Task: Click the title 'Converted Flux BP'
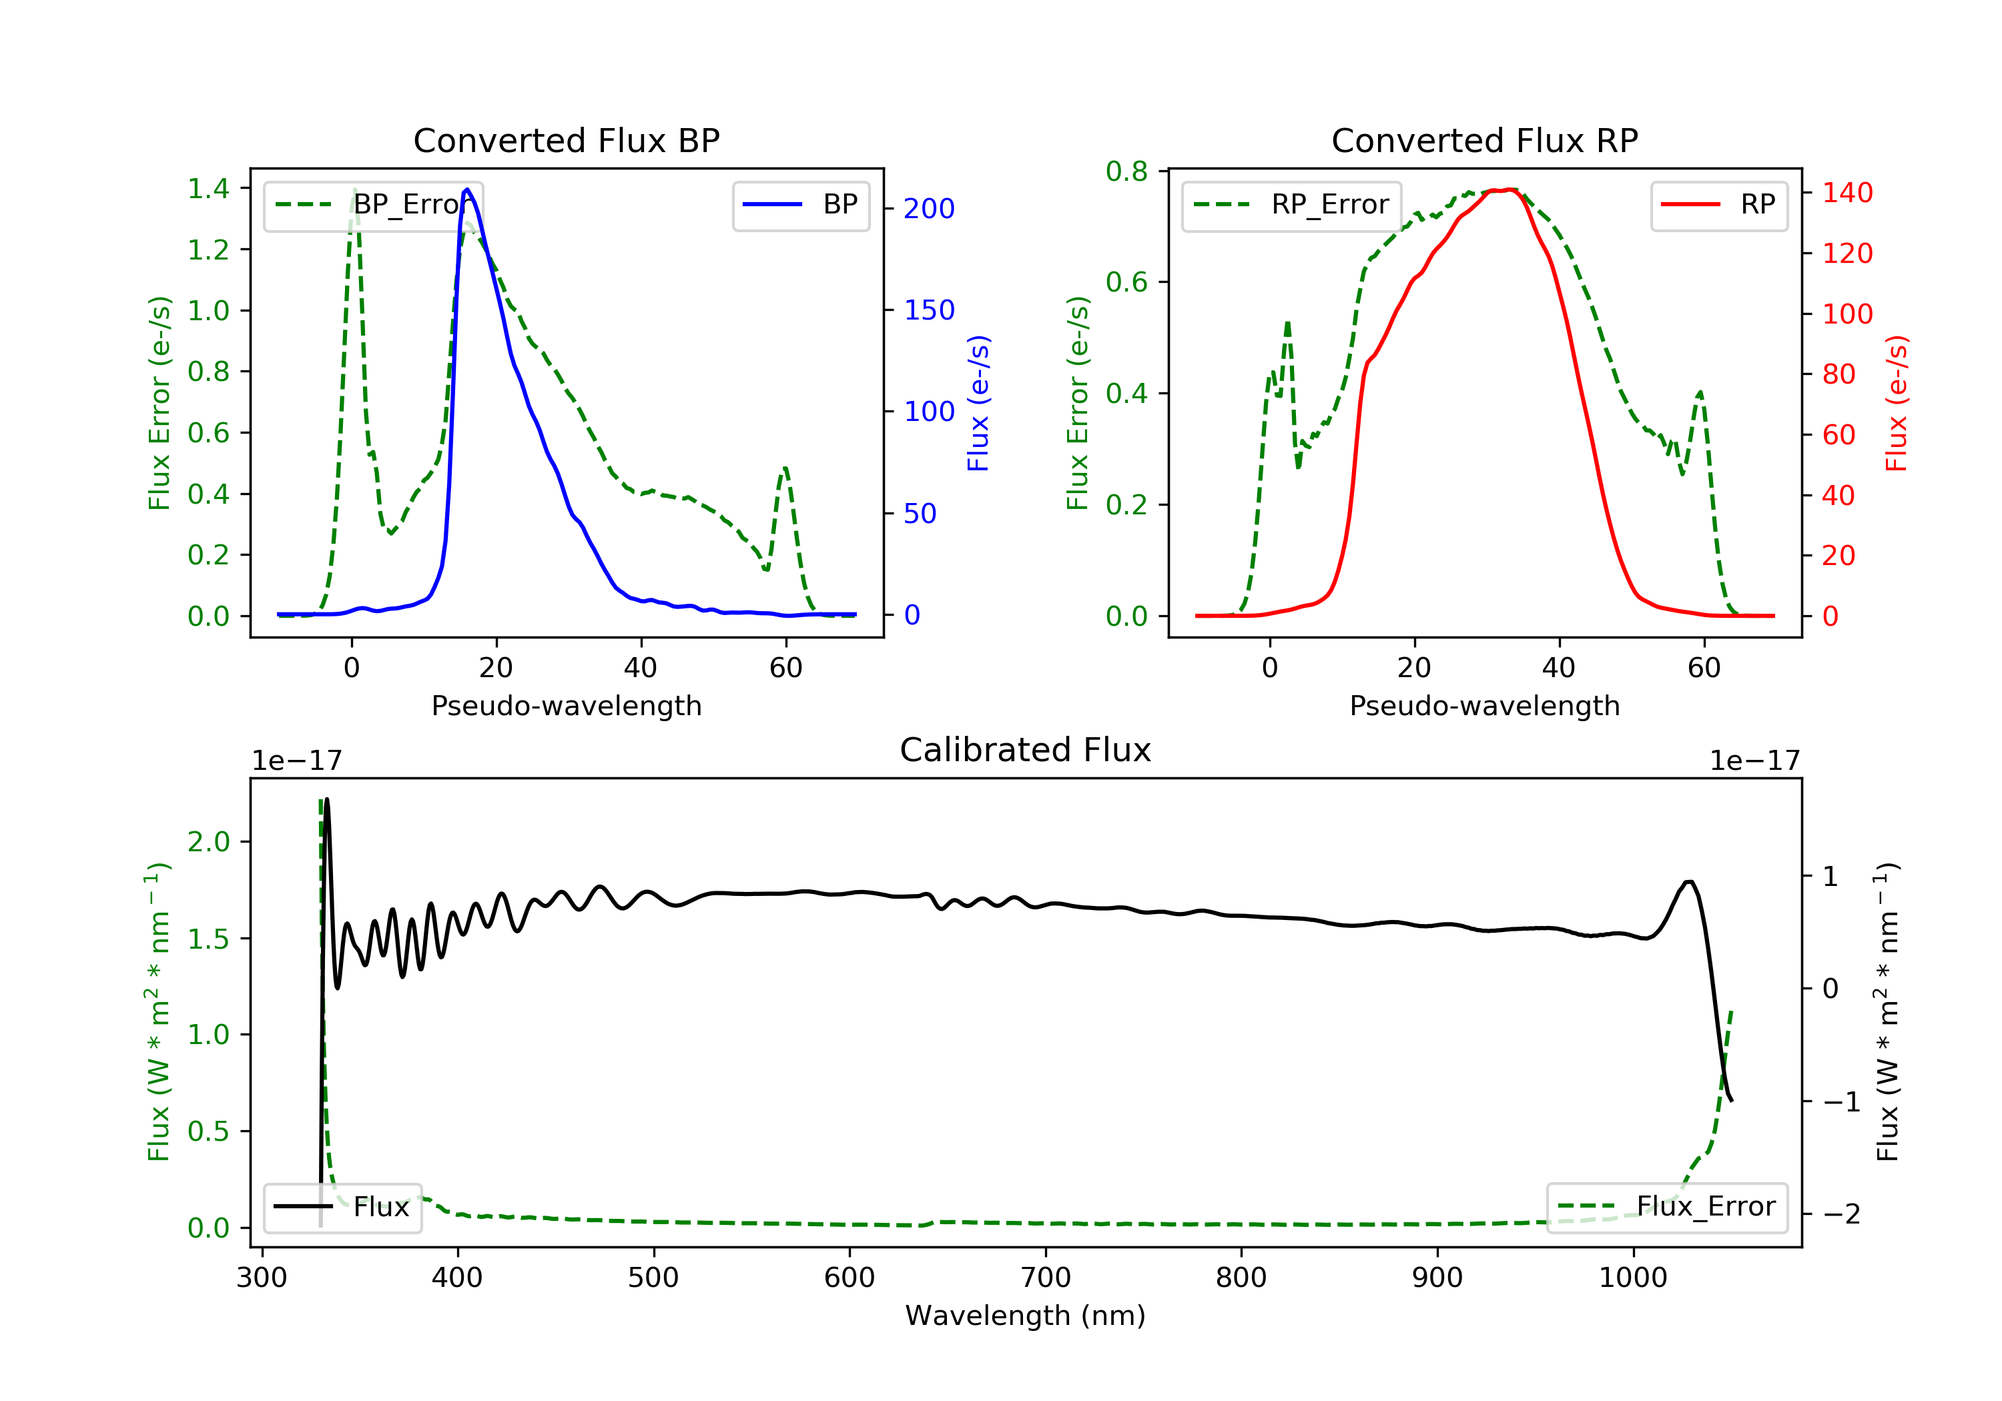tap(566, 140)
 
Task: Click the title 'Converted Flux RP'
tap(1484, 140)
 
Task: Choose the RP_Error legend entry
tap(1291, 205)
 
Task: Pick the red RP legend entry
tap(1718, 205)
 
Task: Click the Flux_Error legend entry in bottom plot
tap(1666, 1207)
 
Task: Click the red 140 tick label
tap(1847, 193)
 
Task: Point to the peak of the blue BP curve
tap(467, 189)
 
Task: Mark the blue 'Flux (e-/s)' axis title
tap(978, 403)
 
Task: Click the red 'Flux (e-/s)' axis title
tap(1897, 403)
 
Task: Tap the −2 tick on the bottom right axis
tap(1840, 1214)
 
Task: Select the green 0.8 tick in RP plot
tap(1126, 171)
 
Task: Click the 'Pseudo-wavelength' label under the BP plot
tap(566, 705)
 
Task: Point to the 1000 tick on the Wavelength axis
tap(1632, 1278)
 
